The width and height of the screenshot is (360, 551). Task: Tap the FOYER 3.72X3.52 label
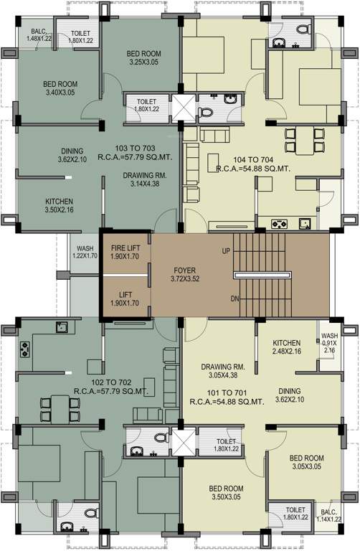[x=185, y=275]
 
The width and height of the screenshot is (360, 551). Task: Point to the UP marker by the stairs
[x=227, y=252]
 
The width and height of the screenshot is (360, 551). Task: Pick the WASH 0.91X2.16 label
[x=329, y=342]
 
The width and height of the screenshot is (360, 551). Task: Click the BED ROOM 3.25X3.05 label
[x=143, y=58]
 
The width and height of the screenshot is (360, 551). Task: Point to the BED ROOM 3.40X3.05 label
[x=61, y=88]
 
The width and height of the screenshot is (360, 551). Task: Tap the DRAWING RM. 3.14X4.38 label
[x=145, y=179]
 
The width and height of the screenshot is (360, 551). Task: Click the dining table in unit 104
[x=300, y=140]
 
